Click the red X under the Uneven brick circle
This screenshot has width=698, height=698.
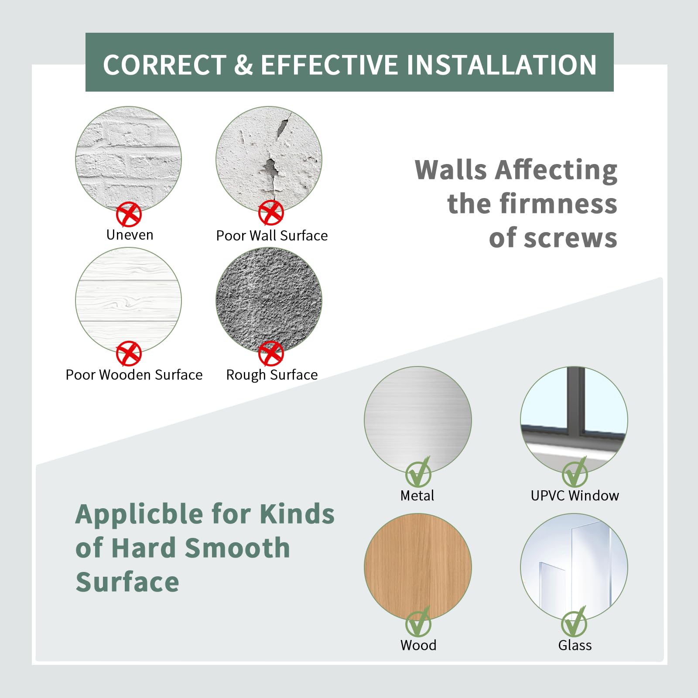129,214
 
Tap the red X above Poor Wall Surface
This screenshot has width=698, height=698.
271,213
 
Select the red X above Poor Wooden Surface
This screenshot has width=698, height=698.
129,353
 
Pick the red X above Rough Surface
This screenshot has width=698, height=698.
271,353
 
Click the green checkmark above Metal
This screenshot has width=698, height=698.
418,473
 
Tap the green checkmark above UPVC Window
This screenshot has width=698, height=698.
575,473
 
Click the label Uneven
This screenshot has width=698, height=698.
130,235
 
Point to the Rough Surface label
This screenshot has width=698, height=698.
272,375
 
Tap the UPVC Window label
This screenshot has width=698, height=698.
575,496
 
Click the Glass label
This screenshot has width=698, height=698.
575,645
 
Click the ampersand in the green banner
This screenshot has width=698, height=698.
243,65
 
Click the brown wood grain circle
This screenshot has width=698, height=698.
418,567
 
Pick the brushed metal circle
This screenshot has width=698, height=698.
418,420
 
